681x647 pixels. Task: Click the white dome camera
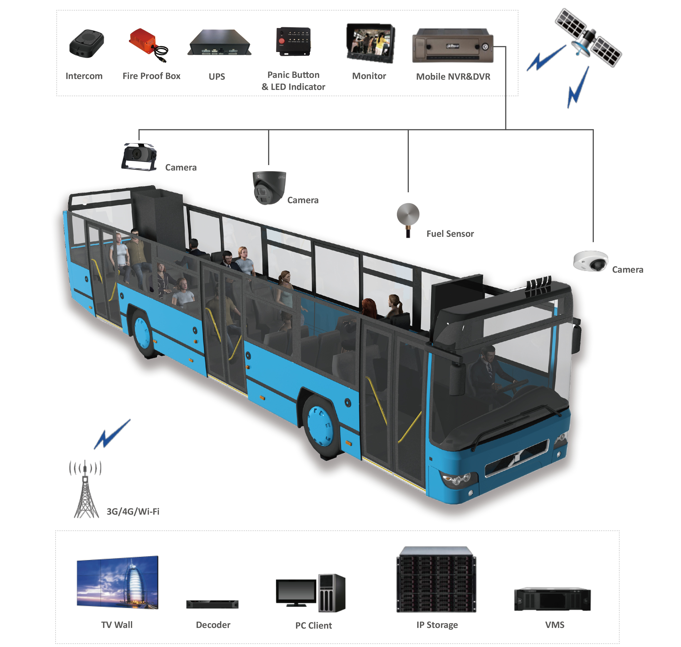tap(590, 261)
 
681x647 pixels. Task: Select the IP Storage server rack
tap(437, 579)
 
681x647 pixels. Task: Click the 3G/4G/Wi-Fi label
tap(133, 511)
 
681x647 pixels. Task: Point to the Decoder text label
tap(213, 625)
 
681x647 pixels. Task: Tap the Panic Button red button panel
tap(293, 42)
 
